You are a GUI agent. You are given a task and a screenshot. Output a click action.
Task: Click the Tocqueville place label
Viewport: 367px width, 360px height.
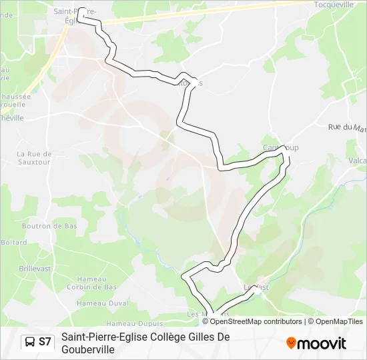[x=334, y=4]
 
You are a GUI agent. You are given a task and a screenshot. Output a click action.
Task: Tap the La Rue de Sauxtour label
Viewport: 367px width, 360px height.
[x=34, y=157]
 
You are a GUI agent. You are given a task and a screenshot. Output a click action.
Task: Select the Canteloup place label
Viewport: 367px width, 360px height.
[x=280, y=147]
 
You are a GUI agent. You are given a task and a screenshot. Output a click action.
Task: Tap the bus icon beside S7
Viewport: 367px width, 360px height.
[x=30, y=342]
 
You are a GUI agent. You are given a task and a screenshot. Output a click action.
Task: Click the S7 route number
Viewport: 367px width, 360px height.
[x=45, y=342]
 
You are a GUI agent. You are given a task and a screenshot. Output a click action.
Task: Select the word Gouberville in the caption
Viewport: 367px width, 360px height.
[x=87, y=349]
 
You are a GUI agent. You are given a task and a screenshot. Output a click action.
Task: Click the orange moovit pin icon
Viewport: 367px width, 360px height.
[x=291, y=343]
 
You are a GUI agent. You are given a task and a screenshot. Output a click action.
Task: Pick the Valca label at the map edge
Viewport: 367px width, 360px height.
[x=357, y=161]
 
